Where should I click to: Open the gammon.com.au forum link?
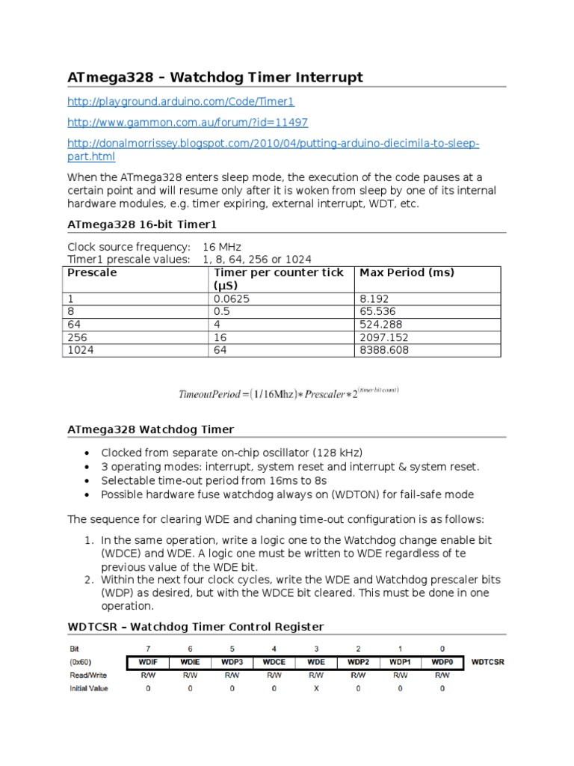point(188,122)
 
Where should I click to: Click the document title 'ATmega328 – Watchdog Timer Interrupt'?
point(215,77)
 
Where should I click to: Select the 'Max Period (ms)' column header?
point(407,272)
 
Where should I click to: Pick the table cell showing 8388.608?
point(384,350)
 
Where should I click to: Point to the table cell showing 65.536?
point(378,310)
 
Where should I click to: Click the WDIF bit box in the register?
point(148,662)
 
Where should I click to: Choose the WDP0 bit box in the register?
point(442,662)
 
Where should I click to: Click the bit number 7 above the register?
point(148,649)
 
